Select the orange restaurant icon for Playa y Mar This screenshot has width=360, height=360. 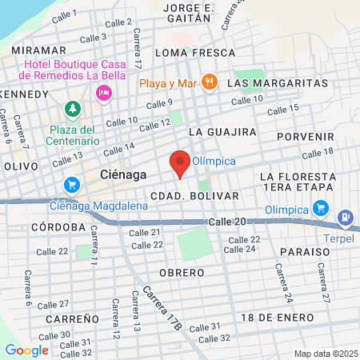click(x=209, y=82)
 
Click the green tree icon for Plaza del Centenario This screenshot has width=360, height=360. click(x=73, y=108)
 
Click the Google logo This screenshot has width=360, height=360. click(x=26, y=350)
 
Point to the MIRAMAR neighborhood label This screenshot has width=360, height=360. click(x=38, y=50)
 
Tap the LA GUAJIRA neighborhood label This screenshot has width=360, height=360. click(x=222, y=131)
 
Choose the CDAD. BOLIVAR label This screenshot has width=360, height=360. click(x=194, y=195)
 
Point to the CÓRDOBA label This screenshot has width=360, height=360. click(x=58, y=227)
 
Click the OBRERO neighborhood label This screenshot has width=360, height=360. click(x=182, y=273)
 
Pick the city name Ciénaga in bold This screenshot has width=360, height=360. click(x=123, y=174)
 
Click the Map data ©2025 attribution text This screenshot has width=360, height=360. click(x=324, y=354)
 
